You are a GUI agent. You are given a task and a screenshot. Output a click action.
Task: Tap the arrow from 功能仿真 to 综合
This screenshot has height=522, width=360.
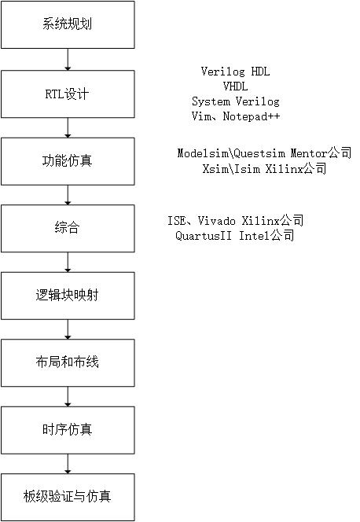click(68, 195)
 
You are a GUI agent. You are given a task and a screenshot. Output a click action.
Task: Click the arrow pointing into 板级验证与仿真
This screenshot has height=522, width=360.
click(68, 464)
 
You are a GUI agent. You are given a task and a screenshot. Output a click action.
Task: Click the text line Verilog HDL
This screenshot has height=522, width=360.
click(236, 72)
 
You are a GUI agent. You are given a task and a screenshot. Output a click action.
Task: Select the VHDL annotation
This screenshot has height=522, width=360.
click(236, 87)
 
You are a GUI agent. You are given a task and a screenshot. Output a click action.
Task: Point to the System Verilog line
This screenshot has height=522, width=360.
click(236, 102)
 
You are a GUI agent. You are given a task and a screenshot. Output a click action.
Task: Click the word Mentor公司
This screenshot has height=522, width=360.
click(322, 154)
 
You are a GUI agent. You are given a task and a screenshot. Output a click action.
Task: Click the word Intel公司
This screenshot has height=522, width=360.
click(266, 236)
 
